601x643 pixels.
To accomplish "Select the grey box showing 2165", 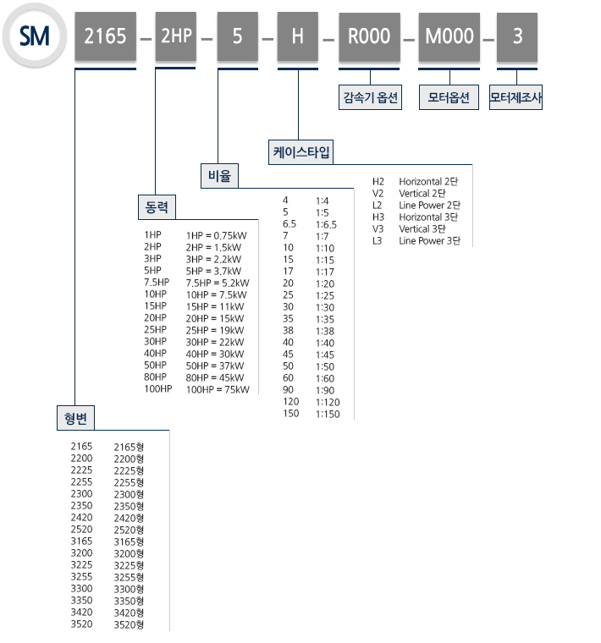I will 106,36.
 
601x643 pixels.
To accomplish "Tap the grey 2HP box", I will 176,36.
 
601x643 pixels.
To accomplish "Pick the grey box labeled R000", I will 368,36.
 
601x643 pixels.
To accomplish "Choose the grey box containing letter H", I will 298,36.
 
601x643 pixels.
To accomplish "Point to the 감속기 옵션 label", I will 368,97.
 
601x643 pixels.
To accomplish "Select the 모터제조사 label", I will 516,97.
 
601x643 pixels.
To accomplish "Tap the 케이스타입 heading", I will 301,152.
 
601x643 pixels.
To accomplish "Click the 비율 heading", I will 219,176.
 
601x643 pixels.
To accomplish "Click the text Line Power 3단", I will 429,241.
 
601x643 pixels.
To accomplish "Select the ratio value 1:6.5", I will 326,224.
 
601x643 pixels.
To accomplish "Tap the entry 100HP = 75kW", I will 218,389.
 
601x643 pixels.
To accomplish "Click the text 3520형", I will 129,624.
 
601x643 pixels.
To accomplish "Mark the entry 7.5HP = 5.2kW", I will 218,283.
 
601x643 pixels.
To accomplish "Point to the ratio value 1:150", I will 328,414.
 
